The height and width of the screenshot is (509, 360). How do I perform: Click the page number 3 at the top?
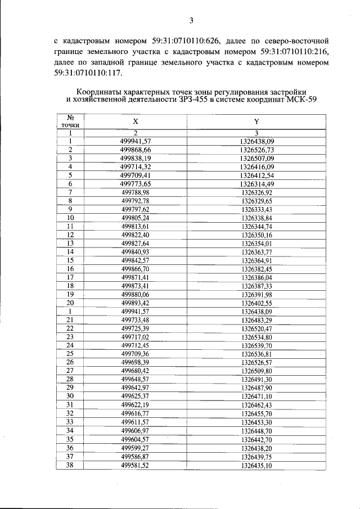tap(191, 21)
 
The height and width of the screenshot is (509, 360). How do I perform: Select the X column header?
tap(135, 121)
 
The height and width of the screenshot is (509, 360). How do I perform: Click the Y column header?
tap(256, 121)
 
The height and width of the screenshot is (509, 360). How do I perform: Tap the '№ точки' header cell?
tap(70, 121)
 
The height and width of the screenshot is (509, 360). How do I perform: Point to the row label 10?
tap(70, 218)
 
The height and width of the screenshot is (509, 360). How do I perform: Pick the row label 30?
tap(70, 395)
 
